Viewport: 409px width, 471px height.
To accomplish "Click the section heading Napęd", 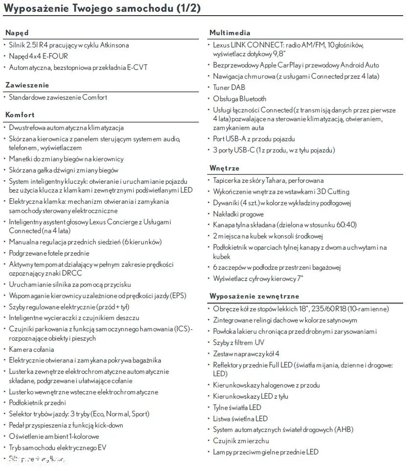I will [17, 33].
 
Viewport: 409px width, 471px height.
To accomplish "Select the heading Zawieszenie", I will [27, 85].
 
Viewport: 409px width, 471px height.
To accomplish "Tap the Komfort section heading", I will [20, 115].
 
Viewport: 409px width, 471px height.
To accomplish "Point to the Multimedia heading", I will [230, 33].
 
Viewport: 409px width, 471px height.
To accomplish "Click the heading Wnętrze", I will [224, 168].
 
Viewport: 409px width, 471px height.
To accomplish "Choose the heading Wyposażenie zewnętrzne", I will [254, 296].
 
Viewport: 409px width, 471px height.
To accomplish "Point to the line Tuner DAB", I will [229, 87].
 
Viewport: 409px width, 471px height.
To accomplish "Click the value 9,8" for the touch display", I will [279, 54].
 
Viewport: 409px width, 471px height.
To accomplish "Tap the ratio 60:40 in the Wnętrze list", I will [345, 225].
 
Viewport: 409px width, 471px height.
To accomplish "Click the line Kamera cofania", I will [31, 349].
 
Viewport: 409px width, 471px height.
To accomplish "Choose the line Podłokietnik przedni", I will [37, 403].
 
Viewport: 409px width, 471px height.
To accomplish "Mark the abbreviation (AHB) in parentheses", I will [344, 430].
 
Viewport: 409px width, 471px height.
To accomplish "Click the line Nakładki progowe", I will [238, 214].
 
